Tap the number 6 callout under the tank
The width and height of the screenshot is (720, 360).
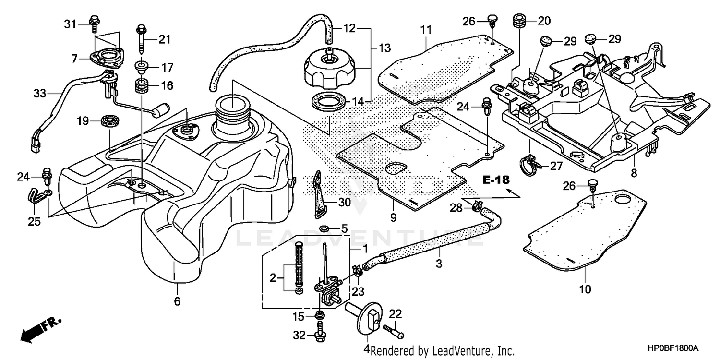(x=177, y=301)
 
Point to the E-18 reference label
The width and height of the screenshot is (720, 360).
(x=495, y=180)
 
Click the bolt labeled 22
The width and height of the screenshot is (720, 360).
(x=393, y=331)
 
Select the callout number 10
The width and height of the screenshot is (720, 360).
(x=586, y=289)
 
